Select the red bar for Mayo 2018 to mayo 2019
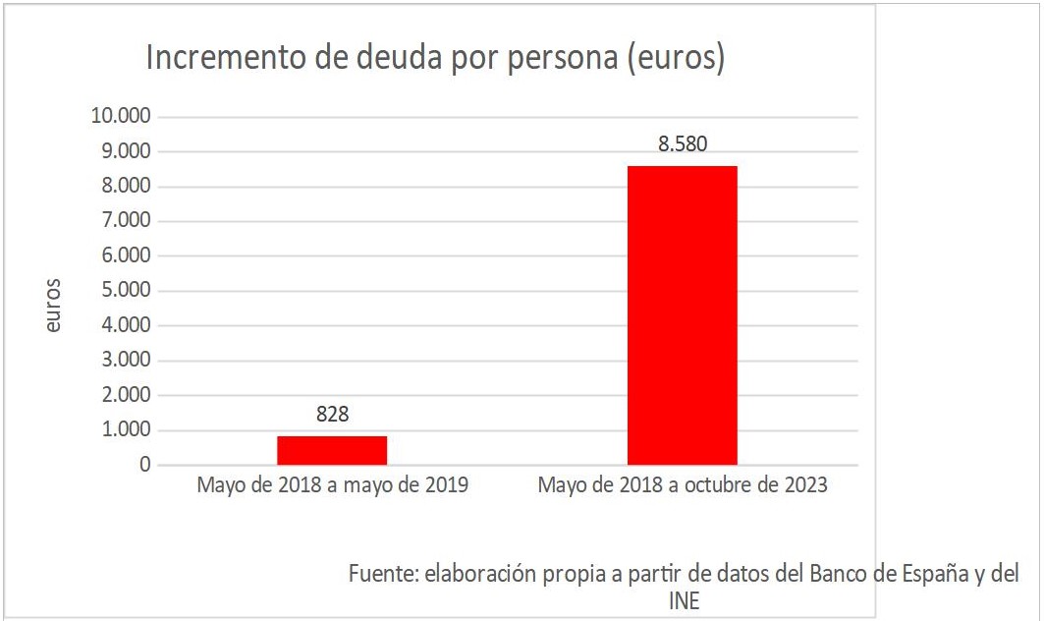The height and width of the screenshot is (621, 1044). [332, 450]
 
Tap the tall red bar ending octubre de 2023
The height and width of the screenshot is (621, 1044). [682, 314]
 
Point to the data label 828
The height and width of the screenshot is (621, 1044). [332, 415]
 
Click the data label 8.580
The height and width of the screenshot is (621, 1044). [682, 144]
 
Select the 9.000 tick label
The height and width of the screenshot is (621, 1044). [125, 151]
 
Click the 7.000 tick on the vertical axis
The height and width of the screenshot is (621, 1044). [125, 221]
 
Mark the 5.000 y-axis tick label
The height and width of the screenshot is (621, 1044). [125, 291]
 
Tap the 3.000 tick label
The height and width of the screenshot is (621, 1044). [125, 361]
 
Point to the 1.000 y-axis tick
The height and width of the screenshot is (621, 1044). [125, 430]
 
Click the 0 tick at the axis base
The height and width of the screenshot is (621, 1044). [144, 465]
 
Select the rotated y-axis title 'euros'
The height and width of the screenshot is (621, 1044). [53, 306]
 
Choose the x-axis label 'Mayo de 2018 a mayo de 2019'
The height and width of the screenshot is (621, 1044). [332, 486]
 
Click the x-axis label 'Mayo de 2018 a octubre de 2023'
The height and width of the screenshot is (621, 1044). [682, 486]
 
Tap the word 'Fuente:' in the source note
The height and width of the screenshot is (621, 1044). [383, 574]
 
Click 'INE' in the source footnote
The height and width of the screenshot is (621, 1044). [684, 600]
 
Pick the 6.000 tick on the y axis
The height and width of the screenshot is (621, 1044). [125, 256]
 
